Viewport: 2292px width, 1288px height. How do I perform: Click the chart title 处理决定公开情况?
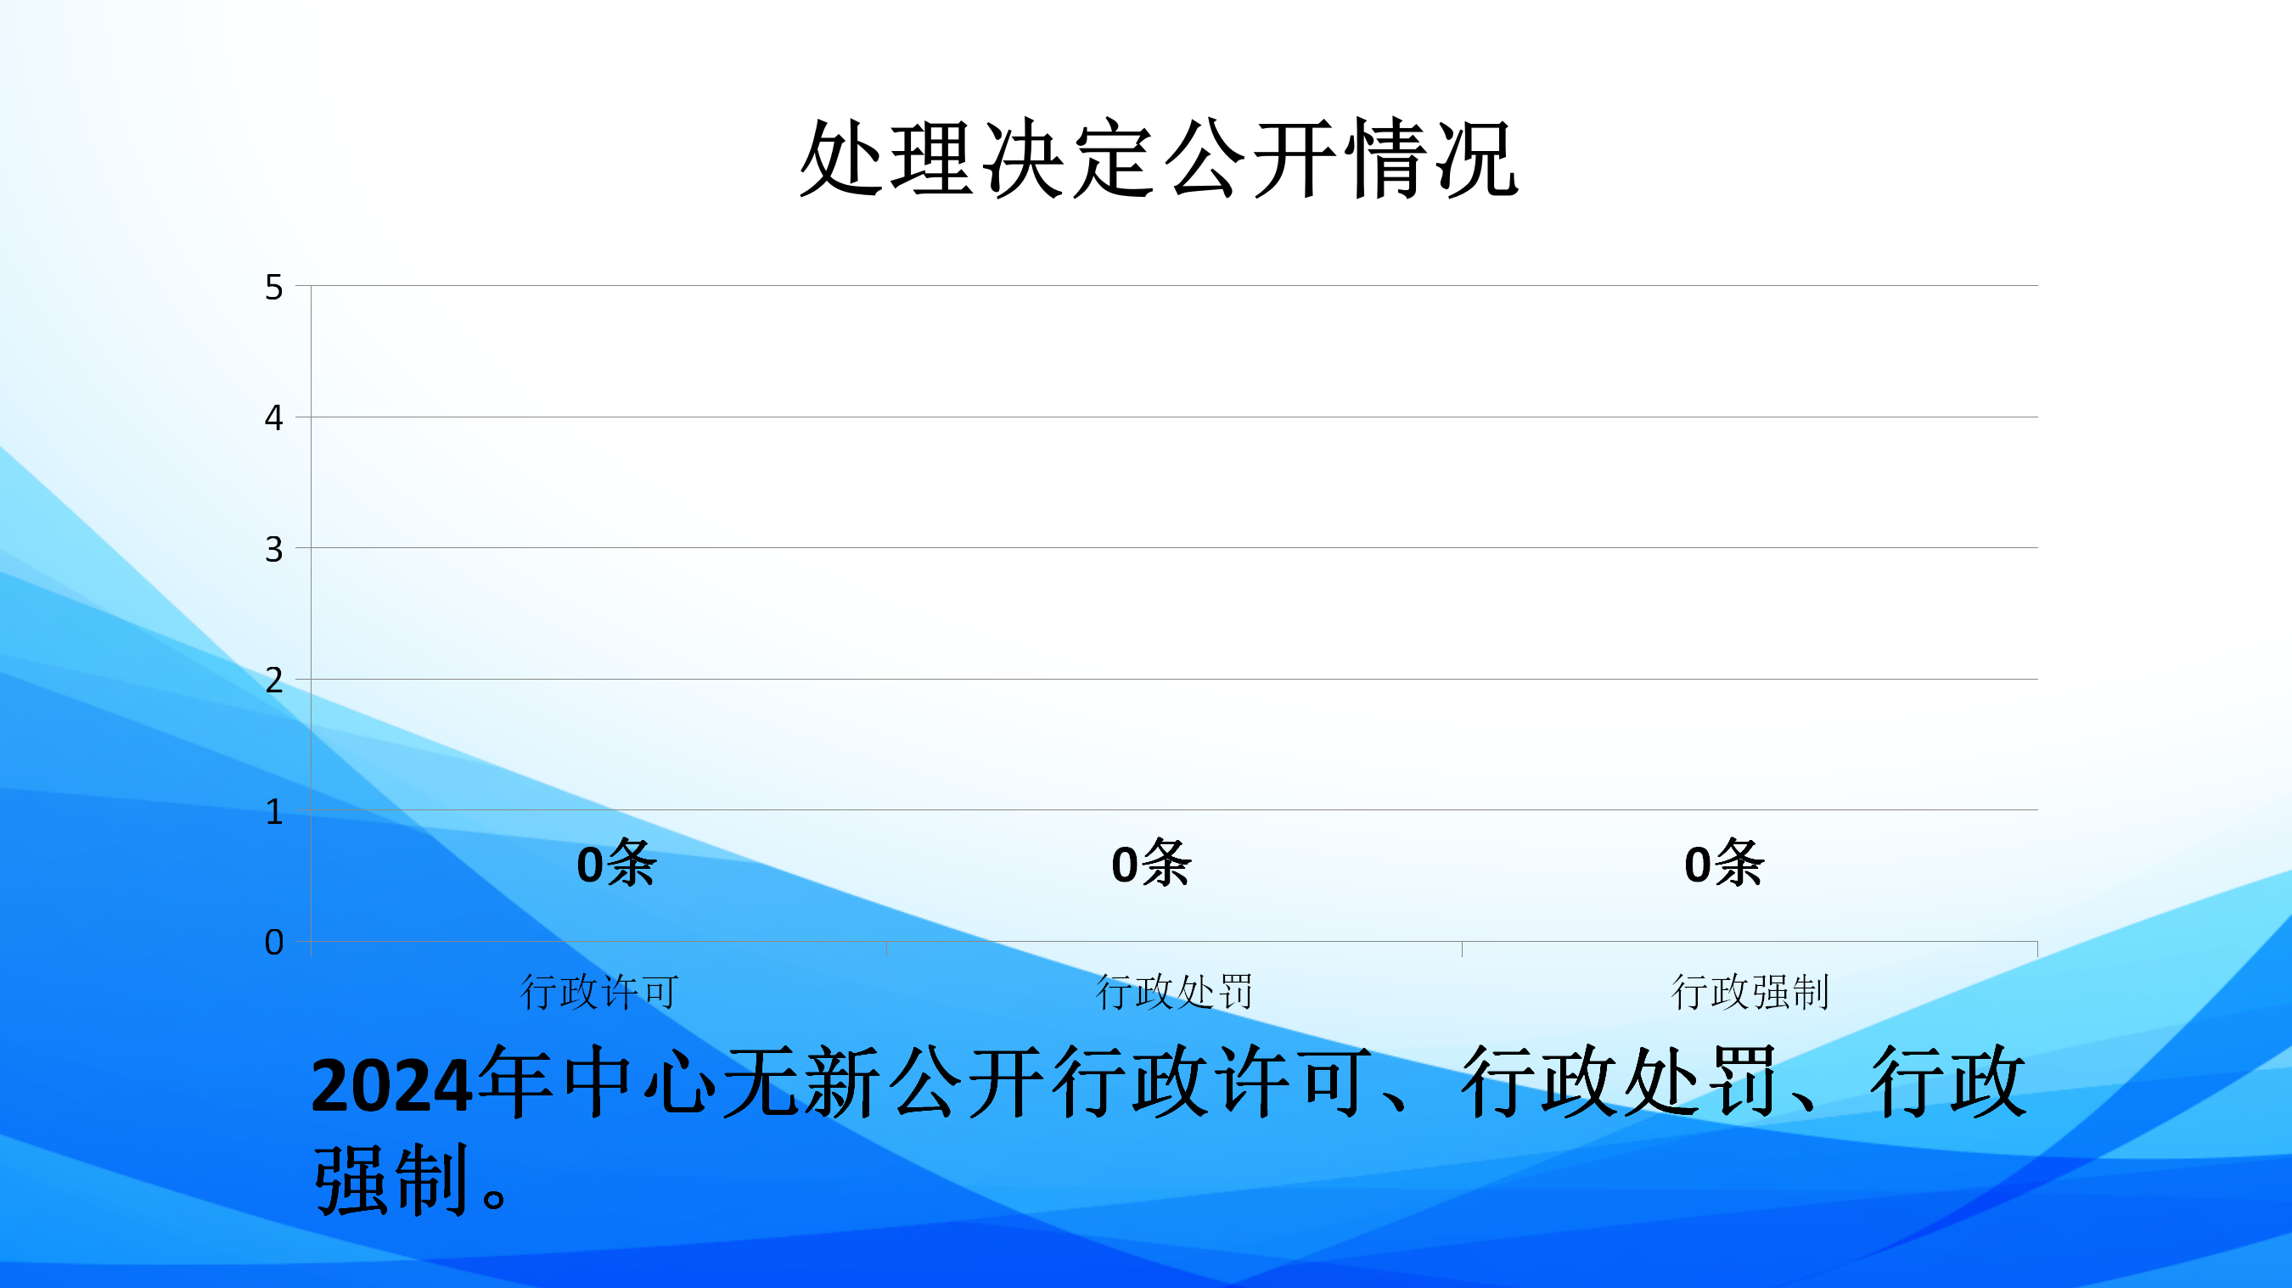pyautogui.click(x=1159, y=159)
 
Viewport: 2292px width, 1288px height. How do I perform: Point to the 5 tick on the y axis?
pyautogui.click(x=274, y=288)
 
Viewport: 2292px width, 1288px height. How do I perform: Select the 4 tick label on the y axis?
pyautogui.click(x=274, y=417)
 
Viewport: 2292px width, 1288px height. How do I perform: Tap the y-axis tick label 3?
pyautogui.click(x=274, y=549)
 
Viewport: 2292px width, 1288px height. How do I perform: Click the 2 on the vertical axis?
pyautogui.click(x=274, y=680)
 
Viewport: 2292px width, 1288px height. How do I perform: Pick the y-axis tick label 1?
pyautogui.click(x=274, y=811)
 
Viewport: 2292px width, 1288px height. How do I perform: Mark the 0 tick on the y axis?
pyautogui.click(x=274, y=942)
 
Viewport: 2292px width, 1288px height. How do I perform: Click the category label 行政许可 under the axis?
pyautogui.click(x=599, y=992)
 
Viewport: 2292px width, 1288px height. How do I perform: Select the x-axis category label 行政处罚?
pyautogui.click(x=1175, y=992)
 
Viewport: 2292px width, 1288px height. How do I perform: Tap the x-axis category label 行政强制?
pyautogui.click(x=1750, y=992)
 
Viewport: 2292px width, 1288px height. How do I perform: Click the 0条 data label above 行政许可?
pyautogui.click(x=616, y=863)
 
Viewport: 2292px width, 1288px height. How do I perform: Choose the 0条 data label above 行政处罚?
pyautogui.click(x=1151, y=863)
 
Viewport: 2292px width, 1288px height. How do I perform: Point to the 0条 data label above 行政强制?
pyautogui.click(x=1724, y=863)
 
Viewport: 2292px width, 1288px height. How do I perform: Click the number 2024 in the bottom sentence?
pyautogui.click(x=391, y=1085)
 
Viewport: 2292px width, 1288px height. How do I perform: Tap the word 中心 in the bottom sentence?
pyautogui.click(x=640, y=1082)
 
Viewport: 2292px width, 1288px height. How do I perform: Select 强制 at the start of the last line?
pyautogui.click(x=391, y=1179)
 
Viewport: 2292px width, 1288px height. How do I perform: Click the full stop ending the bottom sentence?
pyautogui.click(x=495, y=1197)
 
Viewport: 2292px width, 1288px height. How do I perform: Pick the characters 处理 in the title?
pyautogui.click(x=887, y=159)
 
